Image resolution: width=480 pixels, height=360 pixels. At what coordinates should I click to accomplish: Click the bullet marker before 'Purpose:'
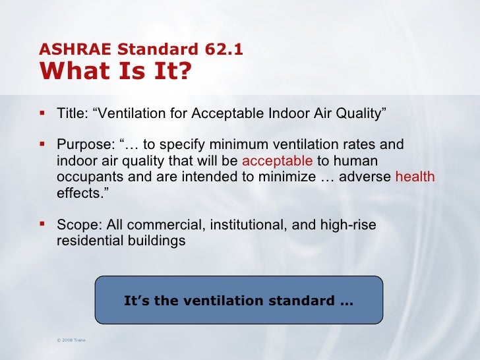44,144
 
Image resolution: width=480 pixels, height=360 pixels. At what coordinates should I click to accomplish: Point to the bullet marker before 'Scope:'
44,224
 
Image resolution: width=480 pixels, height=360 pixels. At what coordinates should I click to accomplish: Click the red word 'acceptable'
277,162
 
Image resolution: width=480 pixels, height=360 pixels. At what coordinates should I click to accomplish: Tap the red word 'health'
415,177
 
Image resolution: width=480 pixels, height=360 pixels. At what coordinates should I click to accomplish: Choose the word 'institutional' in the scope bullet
247,225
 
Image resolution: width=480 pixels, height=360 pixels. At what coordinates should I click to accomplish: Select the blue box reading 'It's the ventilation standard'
239,301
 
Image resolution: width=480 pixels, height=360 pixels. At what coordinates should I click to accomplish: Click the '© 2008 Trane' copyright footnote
71,340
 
